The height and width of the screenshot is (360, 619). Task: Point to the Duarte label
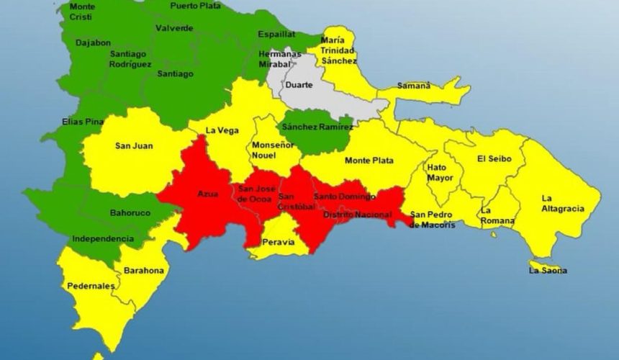pos(299,84)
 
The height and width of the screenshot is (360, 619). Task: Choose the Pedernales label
pos(91,286)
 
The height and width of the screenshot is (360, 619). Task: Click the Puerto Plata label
pos(194,6)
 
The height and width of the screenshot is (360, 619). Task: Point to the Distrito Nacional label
pos(357,215)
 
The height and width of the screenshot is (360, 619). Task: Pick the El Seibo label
pos(493,158)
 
